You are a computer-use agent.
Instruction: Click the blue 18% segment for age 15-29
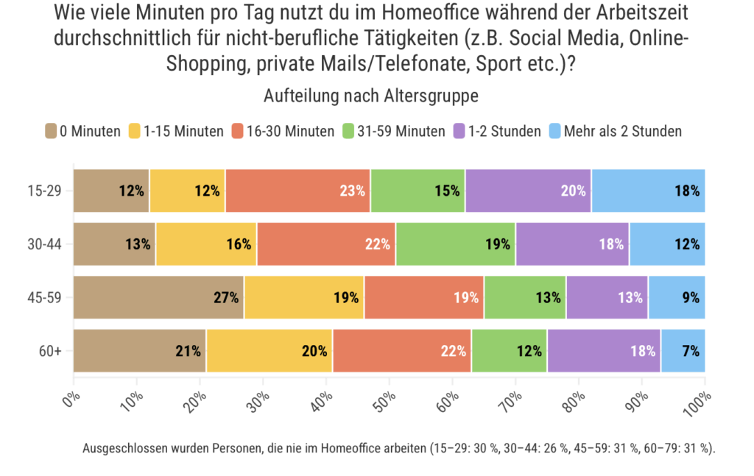click(x=648, y=191)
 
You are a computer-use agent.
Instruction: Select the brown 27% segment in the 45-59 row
click(x=158, y=297)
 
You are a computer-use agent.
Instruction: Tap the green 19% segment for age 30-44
click(x=456, y=244)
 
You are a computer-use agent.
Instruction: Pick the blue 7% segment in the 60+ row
click(x=683, y=351)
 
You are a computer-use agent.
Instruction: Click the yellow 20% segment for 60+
click(x=269, y=351)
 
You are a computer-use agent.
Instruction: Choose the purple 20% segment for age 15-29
click(x=528, y=191)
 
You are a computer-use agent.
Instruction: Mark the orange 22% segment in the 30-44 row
click(x=326, y=244)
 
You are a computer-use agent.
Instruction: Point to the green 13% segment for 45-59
click(x=525, y=297)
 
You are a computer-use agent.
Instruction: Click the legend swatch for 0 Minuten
click(x=51, y=132)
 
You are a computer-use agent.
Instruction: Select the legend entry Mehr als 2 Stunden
click(x=622, y=132)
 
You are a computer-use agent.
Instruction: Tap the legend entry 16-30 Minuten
click(x=290, y=132)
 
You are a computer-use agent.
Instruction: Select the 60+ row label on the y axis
click(x=51, y=351)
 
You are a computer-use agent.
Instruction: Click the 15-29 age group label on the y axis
click(x=46, y=191)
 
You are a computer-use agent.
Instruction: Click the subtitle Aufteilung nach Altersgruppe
click(x=376, y=96)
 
